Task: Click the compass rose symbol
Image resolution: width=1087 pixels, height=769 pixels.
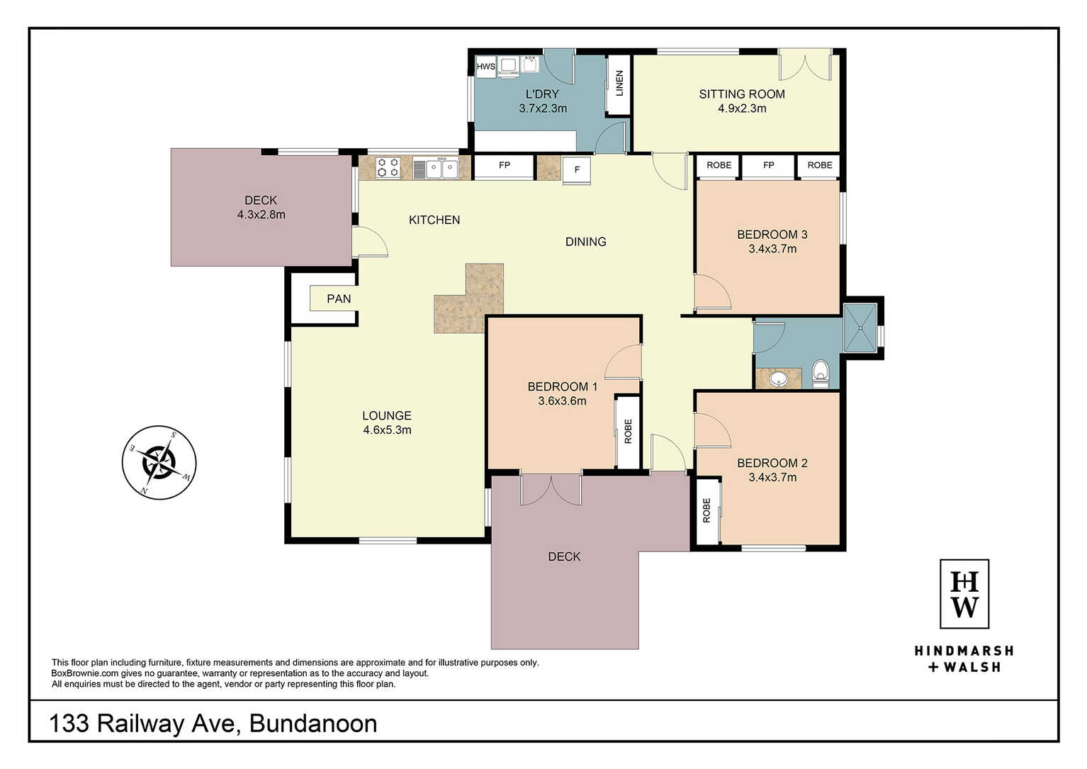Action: click(159, 463)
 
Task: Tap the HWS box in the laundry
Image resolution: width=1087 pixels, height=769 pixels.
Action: click(486, 67)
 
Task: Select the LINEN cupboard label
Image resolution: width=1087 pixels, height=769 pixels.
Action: click(619, 84)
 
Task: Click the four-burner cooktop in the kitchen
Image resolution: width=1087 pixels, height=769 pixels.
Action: click(388, 167)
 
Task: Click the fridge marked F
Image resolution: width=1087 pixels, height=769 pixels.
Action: click(577, 170)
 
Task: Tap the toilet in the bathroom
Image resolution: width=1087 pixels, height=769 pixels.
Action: click(820, 374)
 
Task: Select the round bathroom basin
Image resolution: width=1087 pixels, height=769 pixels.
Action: click(778, 378)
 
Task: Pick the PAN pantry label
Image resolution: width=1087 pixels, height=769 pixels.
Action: click(339, 298)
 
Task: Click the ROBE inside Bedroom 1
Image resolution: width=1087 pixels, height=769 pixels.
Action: click(628, 432)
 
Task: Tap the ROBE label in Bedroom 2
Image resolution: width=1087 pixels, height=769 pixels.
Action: click(706, 510)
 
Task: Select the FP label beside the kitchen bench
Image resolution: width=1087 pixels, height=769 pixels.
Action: click(505, 165)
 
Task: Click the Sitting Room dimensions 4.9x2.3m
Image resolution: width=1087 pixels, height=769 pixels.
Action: click(742, 108)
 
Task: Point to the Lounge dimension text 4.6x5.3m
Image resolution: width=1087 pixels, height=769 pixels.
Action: click(387, 430)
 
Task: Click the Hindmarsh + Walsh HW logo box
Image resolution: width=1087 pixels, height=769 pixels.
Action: click(964, 594)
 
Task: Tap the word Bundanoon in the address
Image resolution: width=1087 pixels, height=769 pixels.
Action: click(313, 724)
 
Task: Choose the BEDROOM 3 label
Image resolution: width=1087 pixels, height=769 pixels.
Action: click(772, 235)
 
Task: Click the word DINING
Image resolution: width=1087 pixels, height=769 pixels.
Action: click(586, 242)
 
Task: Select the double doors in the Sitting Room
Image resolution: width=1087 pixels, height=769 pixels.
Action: click(805, 65)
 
